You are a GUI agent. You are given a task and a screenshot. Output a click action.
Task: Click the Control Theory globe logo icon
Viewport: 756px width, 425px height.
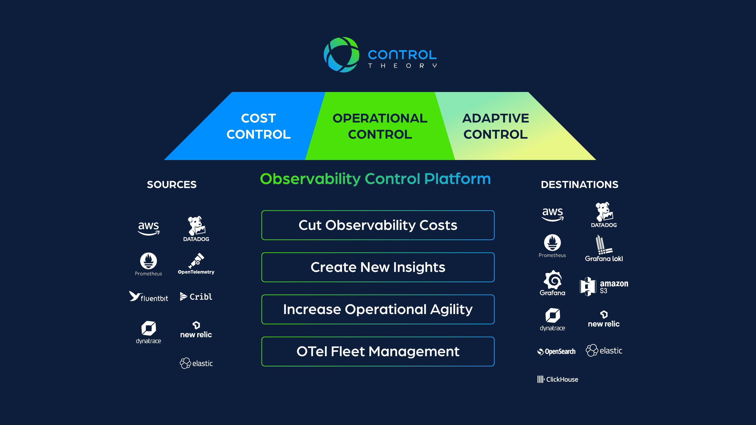341,55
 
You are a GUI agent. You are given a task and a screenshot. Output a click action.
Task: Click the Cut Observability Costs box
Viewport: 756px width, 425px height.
378,225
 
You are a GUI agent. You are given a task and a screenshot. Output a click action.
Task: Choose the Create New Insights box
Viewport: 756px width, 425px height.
378,267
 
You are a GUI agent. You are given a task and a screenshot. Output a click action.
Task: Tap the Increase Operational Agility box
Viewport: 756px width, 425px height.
378,309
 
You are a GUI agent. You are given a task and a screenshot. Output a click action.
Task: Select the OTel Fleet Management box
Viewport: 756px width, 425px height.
378,351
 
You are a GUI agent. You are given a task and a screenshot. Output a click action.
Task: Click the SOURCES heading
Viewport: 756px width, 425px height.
172,185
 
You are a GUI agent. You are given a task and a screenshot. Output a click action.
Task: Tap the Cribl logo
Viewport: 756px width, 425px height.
196,297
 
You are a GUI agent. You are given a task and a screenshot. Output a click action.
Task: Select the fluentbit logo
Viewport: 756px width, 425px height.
149,297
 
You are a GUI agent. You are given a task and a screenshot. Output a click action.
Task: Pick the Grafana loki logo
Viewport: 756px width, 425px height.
604,249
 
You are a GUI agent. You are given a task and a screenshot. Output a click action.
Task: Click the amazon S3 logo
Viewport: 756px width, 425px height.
604,287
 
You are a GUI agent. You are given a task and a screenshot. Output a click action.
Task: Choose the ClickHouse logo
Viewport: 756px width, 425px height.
558,379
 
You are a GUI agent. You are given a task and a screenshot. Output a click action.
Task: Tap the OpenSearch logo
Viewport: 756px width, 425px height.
556,351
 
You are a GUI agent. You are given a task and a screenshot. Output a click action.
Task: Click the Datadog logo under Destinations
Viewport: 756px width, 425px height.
604,215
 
